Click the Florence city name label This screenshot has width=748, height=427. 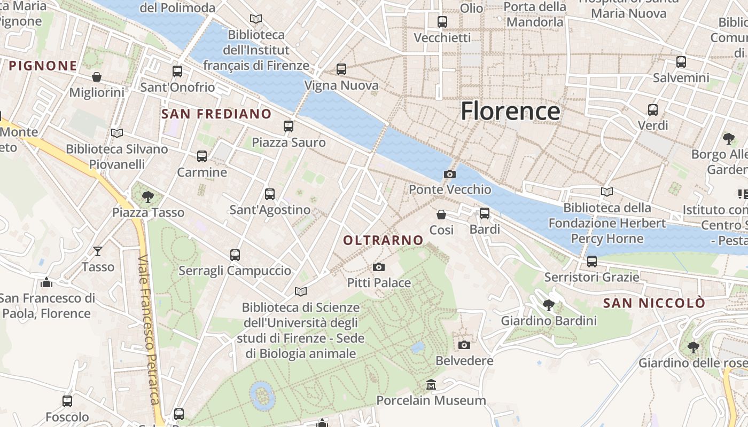tap(510, 111)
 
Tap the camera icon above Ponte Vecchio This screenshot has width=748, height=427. tap(450, 174)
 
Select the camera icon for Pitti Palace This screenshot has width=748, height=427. tap(379, 267)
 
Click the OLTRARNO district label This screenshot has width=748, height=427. tap(383, 241)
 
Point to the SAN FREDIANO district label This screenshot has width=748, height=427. tap(216, 114)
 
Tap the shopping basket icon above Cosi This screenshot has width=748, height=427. tap(441, 215)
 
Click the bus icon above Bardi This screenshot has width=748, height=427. tap(485, 213)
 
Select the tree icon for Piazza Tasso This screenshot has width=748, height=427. tap(148, 197)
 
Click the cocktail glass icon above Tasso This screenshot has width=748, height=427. tap(98, 251)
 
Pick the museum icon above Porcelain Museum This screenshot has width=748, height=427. tap(431, 384)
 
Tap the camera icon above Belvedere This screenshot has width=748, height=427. tap(464, 345)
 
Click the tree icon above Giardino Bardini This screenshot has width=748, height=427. tap(548, 305)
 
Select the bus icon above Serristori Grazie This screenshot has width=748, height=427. tap(591, 262)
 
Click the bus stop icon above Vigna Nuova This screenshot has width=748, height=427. tap(341, 69)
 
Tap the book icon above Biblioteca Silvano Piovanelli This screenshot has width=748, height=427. tap(116, 133)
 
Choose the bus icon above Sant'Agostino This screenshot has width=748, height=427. tap(270, 194)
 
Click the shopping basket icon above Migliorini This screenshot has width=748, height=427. tap(97, 77)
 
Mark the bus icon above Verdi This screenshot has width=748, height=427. tap(653, 110)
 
